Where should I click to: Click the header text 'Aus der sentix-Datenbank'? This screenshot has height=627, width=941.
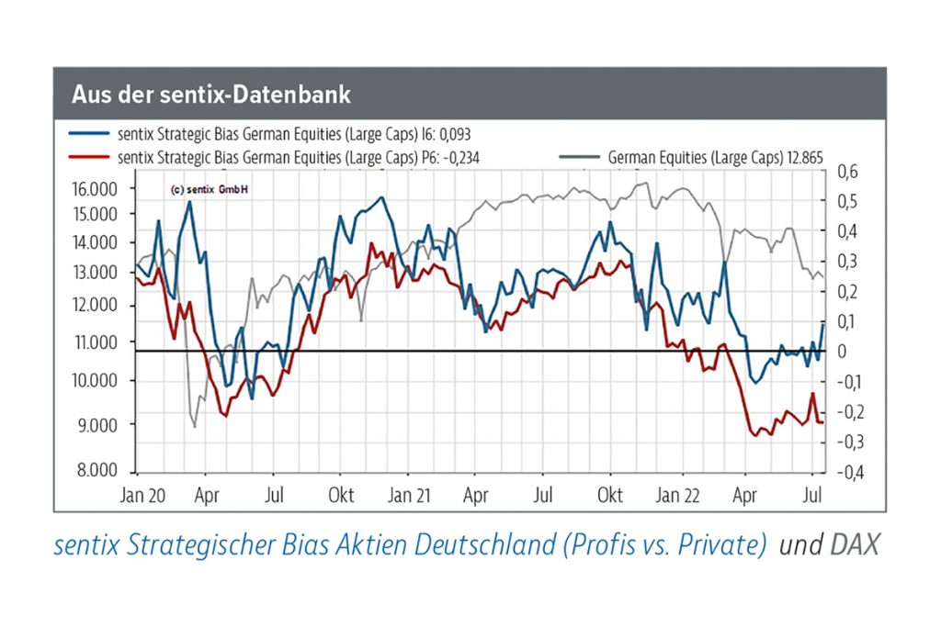coord(210,95)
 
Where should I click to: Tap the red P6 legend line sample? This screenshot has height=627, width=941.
coord(90,158)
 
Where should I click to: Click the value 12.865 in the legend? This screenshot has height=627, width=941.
coord(801,158)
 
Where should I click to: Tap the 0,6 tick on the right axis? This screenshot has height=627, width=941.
coord(846,172)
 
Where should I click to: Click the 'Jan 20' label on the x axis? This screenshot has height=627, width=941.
coord(142,496)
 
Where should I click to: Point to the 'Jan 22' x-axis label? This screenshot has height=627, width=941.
coord(678,496)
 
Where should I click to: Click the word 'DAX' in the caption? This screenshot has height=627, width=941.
coord(855,545)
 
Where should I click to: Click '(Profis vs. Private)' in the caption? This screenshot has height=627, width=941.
coord(661,545)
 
